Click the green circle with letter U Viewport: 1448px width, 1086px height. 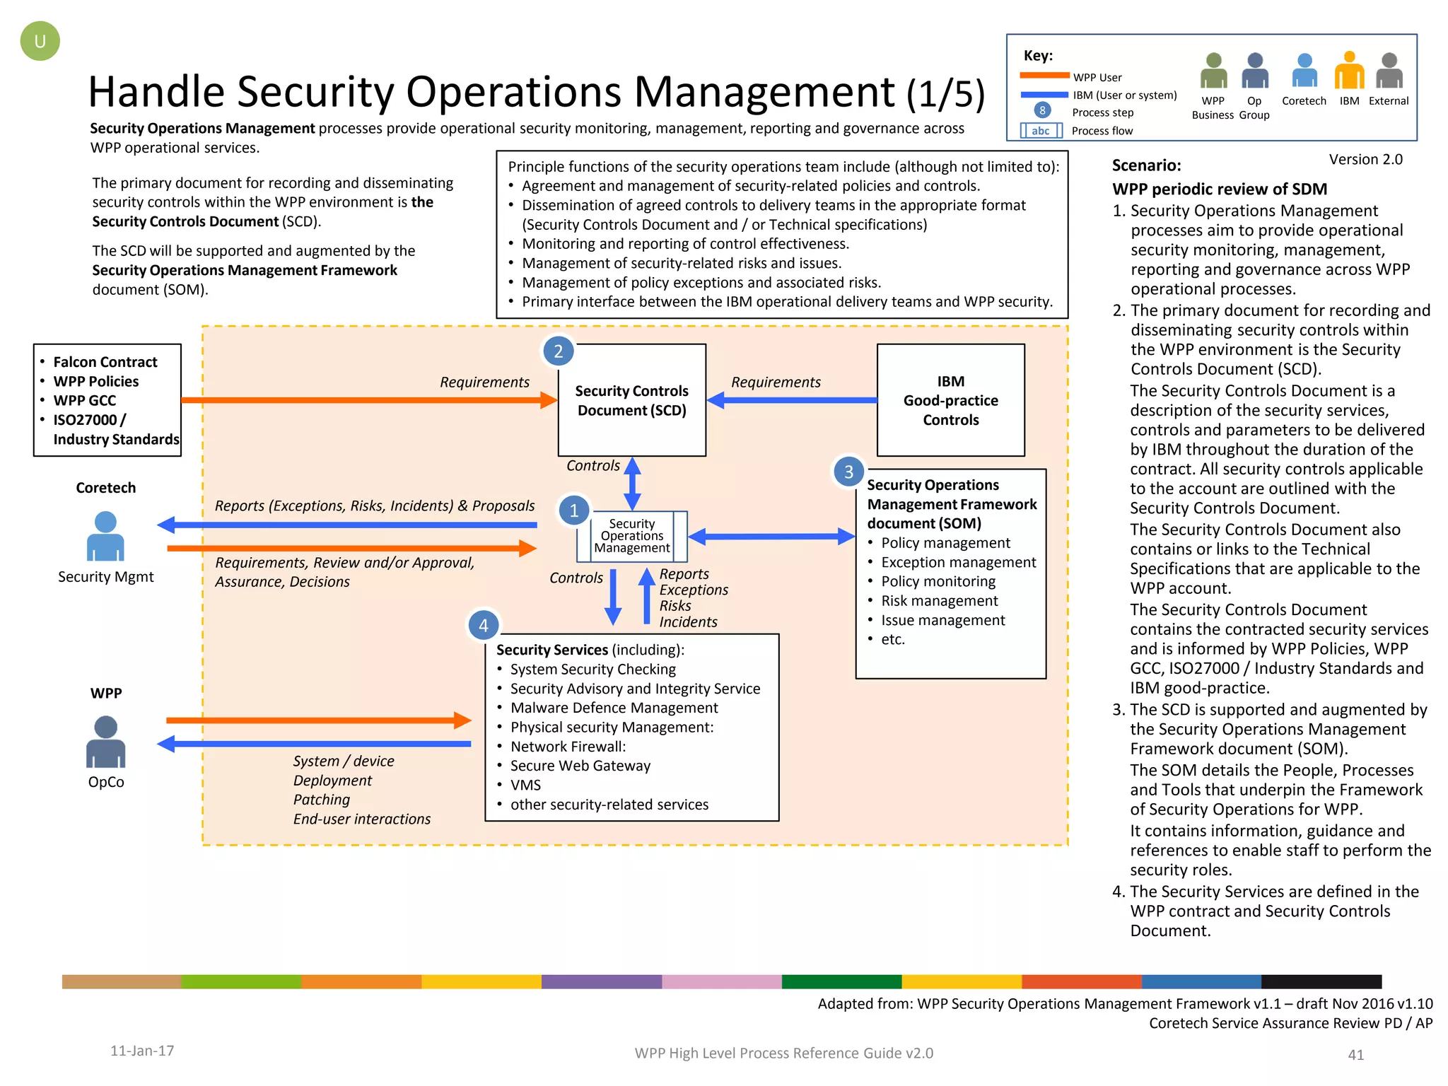pyautogui.click(x=40, y=41)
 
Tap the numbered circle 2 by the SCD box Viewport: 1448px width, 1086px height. pyautogui.click(x=558, y=351)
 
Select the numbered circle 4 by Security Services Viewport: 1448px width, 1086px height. pyautogui.click(x=483, y=625)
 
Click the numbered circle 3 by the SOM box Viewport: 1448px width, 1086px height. pyautogui.click(x=848, y=472)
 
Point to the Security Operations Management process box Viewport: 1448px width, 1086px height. pyautogui.click(x=631, y=536)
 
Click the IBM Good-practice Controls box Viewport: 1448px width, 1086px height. pyautogui.click(x=950, y=400)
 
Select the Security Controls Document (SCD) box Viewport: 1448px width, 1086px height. pyautogui.click(x=631, y=400)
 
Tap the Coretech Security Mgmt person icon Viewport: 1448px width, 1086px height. pyautogui.click(x=105, y=537)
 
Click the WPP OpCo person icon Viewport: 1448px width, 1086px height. pyautogui.click(x=105, y=742)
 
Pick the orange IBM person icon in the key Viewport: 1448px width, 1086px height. pyautogui.click(x=1349, y=70)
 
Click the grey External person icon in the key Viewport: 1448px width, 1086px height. pyautogui.click(x=1389, y=70)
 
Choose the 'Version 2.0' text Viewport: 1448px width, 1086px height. pyautogui.click(x=1365, y=160)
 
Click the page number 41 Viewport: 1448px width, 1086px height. pyautogui.click(x=1355, y=1055)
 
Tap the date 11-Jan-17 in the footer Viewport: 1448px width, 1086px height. pyautogui.click(x=142, y=1051)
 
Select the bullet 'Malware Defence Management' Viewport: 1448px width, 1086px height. pyautogui.click(x=614, y=708)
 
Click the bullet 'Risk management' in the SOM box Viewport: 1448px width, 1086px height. pyautogui.click(x=939, y=601)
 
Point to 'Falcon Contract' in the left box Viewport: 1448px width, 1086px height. pyautogui.click(x=105, y=362)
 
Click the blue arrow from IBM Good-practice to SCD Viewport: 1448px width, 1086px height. pyautogui.click(x=792, y=400)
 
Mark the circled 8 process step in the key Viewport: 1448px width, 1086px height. pyautogui.click(x=1042, y=110)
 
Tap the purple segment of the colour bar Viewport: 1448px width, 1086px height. pyautogui.click(x=601, y=981)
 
